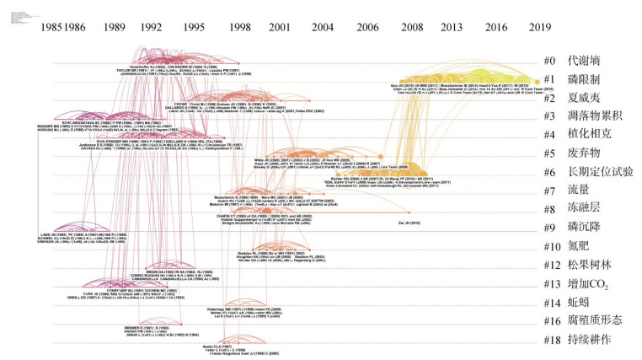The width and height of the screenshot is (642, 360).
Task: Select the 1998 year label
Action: (239, 27)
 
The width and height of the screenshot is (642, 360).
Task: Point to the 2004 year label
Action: (323, 27)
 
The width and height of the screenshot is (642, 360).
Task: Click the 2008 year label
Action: (411, 27)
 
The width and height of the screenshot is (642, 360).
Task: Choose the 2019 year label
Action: (540, 27)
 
